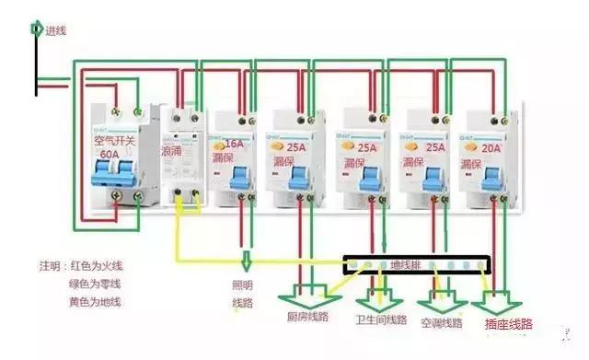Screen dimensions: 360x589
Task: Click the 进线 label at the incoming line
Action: point(54,30)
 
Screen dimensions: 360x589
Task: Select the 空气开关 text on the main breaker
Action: point(115,141)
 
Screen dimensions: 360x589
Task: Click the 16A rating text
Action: point(235,144)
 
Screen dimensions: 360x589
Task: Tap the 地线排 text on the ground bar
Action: point(405,265)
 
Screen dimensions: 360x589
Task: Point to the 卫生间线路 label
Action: point(381,319)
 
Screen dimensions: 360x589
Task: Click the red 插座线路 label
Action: point(507,324)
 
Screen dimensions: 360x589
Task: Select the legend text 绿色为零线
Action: point(96,283)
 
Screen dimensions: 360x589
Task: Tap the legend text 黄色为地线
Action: point(96,301)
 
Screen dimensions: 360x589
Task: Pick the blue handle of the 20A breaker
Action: point(498,177)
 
